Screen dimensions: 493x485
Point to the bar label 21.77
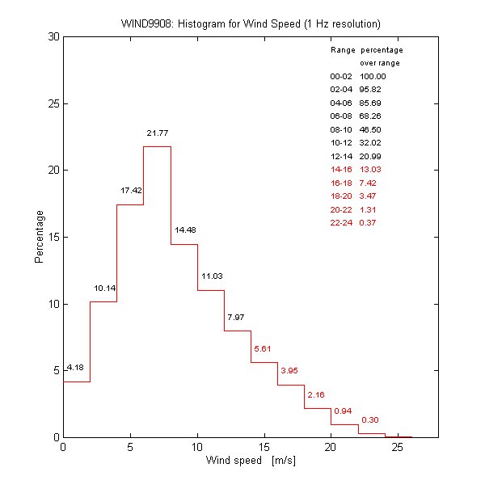click(x=157, y=133)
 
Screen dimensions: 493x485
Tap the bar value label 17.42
click(x=131, y=191)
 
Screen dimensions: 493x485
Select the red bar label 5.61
click(x=264, y=348)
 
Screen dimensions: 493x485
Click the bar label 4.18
click(x=75, y=368)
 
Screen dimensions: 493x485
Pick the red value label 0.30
click(x=370, y=419)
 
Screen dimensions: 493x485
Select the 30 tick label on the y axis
click(x=51, y=37)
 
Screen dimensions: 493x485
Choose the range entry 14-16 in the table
click(x=341, y=169)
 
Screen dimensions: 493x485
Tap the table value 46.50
click(x=371, y=129)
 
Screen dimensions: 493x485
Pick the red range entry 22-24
click(x=341, y=222)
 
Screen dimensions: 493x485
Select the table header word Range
click(x=342, y=50)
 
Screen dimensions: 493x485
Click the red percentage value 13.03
click(x=371, y=169)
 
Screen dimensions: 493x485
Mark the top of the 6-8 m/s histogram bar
click(x=157, y=146)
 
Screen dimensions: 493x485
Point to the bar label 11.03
click(x=212, y=276)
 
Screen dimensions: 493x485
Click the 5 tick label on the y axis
click(x=54, y=370)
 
